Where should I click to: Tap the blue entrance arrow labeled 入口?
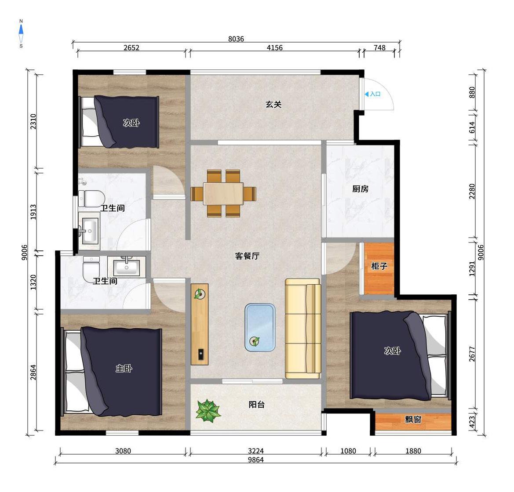(367, 94)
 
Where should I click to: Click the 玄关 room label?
(273, 104)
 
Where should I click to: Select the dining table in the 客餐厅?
(223, 193)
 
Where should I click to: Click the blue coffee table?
(260, 328)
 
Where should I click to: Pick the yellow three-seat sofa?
(303, 329)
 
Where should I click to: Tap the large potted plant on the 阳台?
(208, 410)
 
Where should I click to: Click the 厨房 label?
(360, 189)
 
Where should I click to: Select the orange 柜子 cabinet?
(379, 268)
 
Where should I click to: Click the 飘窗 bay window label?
(413, 419)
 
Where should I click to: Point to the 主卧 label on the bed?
(124, 369)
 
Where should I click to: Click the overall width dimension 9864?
(256, 459)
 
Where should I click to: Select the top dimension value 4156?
(274, 48)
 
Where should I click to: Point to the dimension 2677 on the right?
(472, 354)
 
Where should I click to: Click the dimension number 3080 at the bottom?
(123, 451)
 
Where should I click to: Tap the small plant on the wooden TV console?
(199, 294)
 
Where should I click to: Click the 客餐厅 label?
(247, 256)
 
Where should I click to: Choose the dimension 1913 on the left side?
(33, 212)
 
